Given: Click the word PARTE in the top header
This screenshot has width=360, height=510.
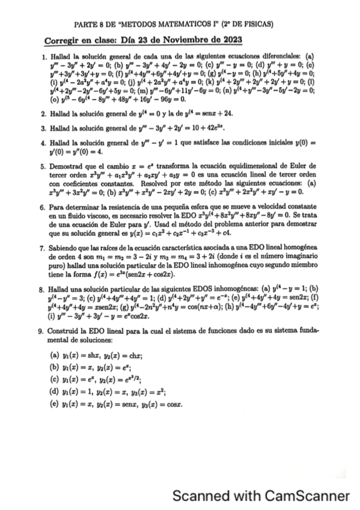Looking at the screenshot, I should tap(84, 25).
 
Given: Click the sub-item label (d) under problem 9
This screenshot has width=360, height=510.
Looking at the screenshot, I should tap(55, 390).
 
